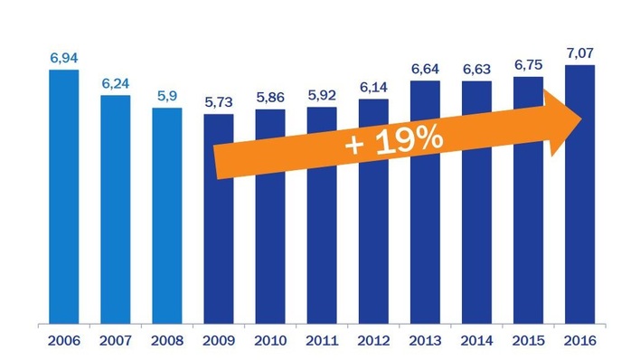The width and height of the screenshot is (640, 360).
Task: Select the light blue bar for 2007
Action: pos(116,209)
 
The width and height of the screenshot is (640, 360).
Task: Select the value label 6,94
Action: pos(64,58)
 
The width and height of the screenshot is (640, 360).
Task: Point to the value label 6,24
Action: pos(116,83)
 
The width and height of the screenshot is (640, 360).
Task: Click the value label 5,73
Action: pos(219,102)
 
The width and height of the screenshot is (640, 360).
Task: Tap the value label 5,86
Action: pos(270,98)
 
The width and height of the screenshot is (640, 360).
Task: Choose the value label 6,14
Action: pos(373,88)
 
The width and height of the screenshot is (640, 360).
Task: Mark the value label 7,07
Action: pos(579,53)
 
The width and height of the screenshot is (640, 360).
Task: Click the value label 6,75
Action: pos(528,65)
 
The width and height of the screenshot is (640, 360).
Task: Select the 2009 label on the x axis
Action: pos(219,342)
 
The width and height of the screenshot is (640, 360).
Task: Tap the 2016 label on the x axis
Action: pos(579,342)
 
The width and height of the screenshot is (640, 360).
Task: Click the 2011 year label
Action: pos(322,342)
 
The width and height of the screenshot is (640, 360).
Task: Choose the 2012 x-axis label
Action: pos(373,342)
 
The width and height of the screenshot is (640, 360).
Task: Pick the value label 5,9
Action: pos(167,96)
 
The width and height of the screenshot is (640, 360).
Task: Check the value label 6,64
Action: pos(425,70)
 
